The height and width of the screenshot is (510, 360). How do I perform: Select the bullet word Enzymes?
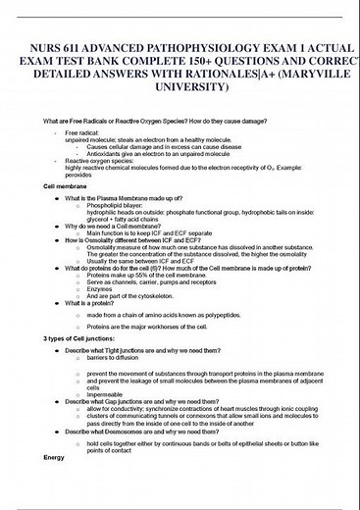pos(100,289)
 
